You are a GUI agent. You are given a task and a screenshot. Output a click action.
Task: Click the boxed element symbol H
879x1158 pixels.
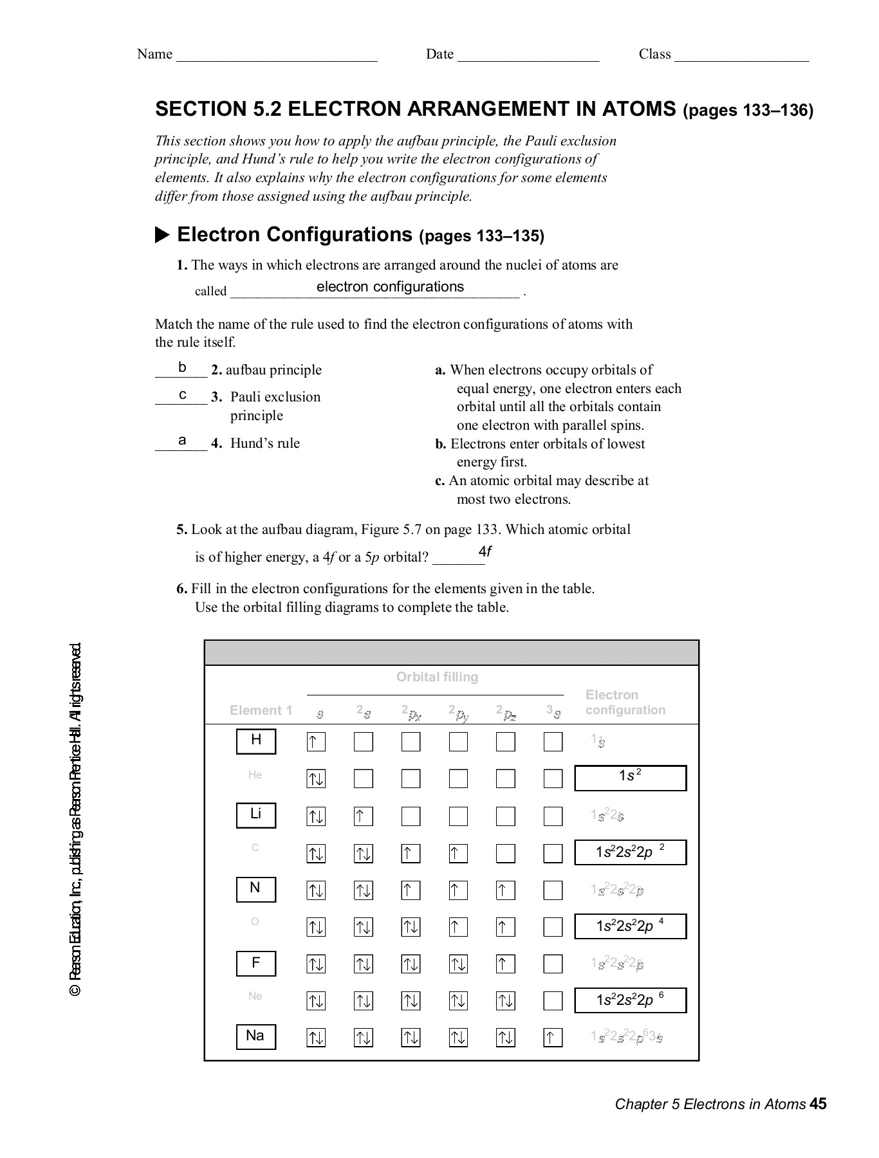pos(256,741)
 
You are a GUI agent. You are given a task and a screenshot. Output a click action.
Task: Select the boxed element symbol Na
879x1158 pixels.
pos(256,1036)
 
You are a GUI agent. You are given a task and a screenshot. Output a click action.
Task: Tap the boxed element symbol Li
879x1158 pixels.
pos(256,815)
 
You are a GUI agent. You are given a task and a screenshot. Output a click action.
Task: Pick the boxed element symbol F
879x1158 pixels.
pos(256,963)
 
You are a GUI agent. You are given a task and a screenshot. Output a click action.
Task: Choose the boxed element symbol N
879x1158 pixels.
pos(256,889)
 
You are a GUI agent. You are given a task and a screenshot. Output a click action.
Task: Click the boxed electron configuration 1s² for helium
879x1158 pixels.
pos(630,778)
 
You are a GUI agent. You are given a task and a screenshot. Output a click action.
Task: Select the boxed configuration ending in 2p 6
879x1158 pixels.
pos(630,1000)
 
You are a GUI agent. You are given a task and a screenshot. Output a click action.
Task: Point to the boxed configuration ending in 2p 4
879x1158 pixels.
pos(630,926)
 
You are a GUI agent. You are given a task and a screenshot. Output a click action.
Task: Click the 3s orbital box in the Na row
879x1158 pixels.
pos(553,1037)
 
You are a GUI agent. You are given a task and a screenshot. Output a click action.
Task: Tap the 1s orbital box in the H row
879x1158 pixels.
pos(316,742)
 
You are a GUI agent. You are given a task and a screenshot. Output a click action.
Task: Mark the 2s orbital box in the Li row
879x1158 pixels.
pos(363,816)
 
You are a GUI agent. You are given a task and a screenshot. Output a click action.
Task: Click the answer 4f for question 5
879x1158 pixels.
pos(485,552)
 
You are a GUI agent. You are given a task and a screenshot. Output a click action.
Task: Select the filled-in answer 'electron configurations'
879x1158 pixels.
pos(390,287)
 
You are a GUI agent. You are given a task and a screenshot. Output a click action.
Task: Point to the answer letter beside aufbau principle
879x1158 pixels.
pos(182,367)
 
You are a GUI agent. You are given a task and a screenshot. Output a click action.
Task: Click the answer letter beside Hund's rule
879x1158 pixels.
pos(182,441)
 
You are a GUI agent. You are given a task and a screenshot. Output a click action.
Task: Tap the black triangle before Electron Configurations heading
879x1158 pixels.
pos(162,235)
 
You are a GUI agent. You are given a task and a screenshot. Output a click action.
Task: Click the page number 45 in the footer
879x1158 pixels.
pos(818,1105)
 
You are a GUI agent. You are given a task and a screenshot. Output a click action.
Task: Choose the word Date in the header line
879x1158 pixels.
pos(439,54)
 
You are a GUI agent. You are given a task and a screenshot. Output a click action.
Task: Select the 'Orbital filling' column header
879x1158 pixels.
pos(437,677)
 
